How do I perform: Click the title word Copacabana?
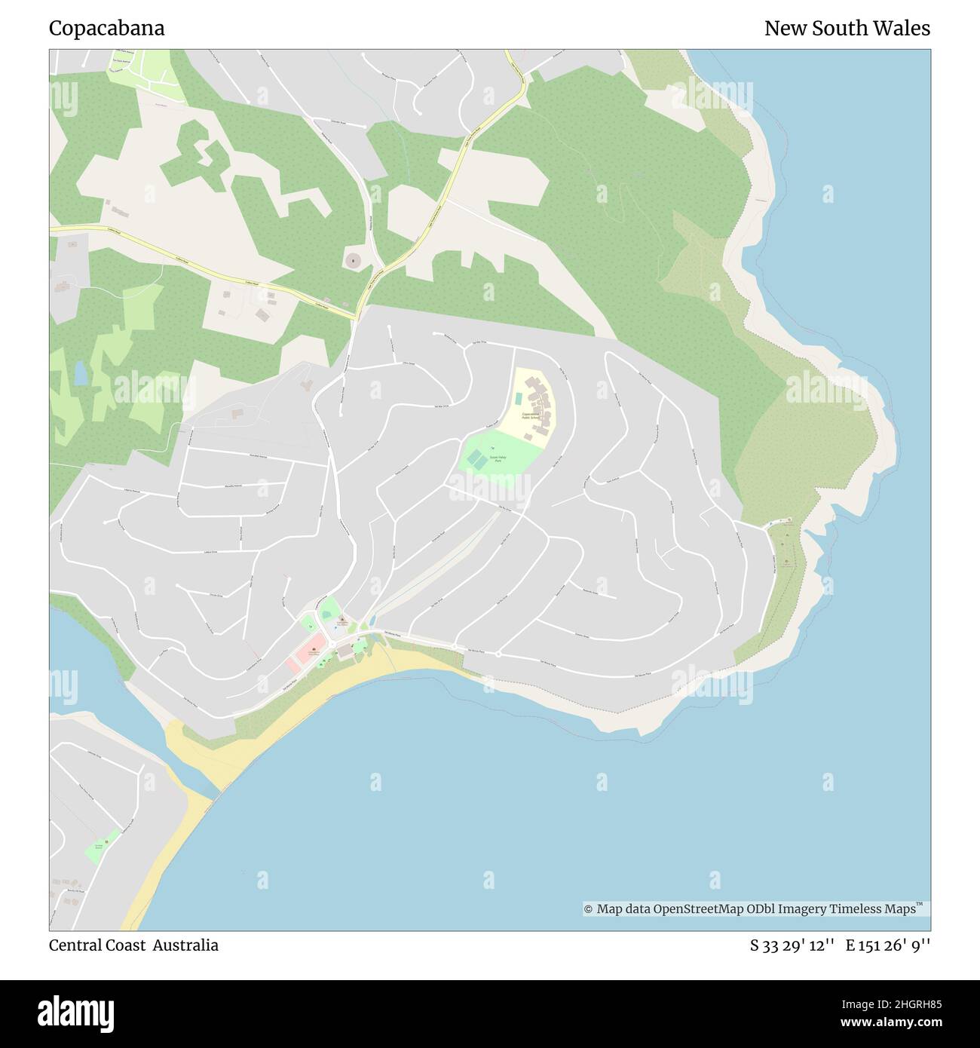pos(106,29)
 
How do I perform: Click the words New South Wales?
pos(847,29)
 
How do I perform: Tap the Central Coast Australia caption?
pos(133,945)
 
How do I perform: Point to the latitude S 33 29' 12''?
pos(792,945)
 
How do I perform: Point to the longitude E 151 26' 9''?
pos(887,945)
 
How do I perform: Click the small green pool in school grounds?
pos(519,398)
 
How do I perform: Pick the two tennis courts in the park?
pos(476,458)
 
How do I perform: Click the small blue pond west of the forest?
pos(80,372)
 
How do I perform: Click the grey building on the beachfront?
pos(345,651)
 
